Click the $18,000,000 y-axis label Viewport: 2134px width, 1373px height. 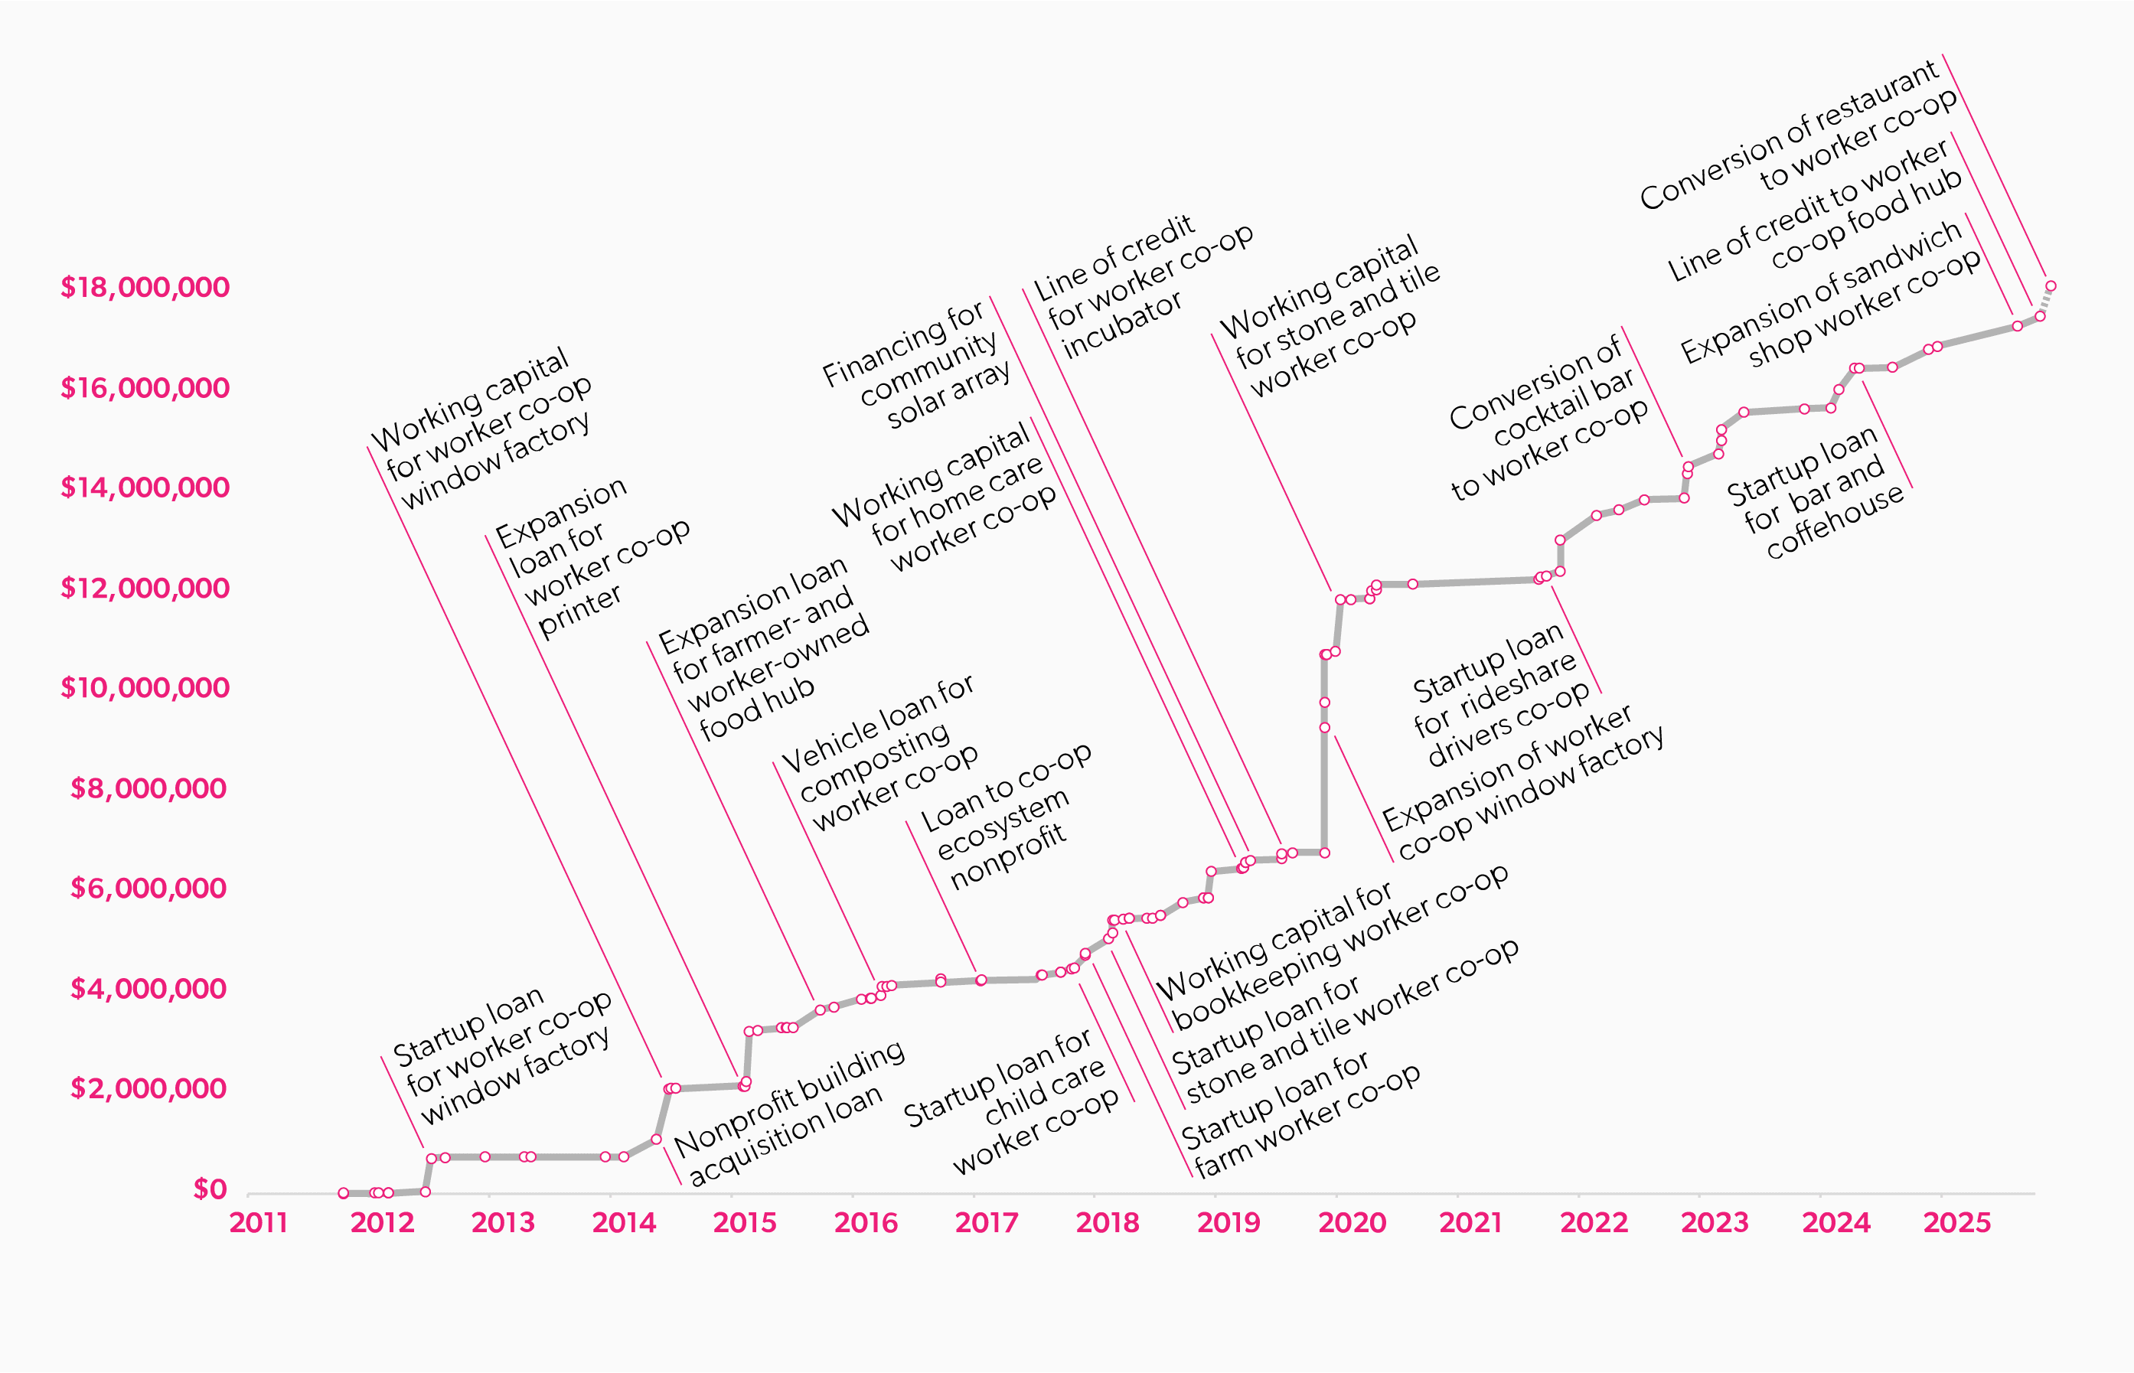pos(145,287)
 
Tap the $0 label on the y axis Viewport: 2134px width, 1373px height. pos(210,1189)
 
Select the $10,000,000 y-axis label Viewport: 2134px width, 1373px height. pos(145,687)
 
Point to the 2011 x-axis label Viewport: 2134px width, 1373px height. pos(259,1222)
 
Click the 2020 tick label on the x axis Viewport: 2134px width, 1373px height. pos(1352,1222)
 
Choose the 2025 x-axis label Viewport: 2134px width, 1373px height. pos(1956,1222)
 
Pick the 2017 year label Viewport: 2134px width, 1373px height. pos(987,1222)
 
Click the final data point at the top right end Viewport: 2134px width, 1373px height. pos(2051,286)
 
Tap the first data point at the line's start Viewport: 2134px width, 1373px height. pos(343,1193)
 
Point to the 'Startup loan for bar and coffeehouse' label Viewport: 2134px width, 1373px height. pos(1815,492)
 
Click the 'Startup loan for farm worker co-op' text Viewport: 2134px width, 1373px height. pos(1301,1114)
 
